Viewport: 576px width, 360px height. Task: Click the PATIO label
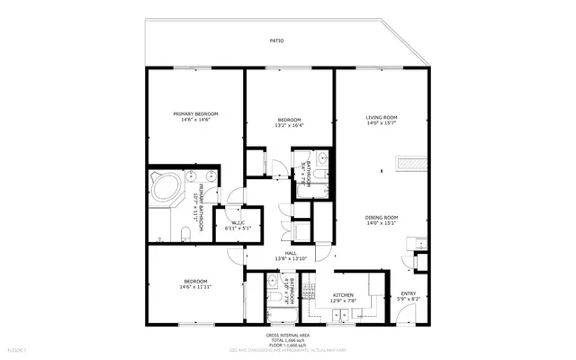278,40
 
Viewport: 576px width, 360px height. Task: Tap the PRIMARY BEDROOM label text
195,113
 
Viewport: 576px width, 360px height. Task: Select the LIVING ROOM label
382,118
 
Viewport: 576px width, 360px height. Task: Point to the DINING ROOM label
382,217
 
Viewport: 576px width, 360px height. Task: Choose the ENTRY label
408,293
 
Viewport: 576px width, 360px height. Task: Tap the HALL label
291,253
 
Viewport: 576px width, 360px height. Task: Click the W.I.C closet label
238,222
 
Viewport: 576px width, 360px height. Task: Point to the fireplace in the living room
412,164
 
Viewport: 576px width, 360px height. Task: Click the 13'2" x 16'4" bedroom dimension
289,126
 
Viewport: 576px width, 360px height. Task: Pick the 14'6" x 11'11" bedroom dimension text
195,287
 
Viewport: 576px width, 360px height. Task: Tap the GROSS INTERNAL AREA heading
290,335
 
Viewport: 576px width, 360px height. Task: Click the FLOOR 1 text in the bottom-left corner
17,348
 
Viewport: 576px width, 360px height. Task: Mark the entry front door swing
405,315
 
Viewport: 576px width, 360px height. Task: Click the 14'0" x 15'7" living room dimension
382,124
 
